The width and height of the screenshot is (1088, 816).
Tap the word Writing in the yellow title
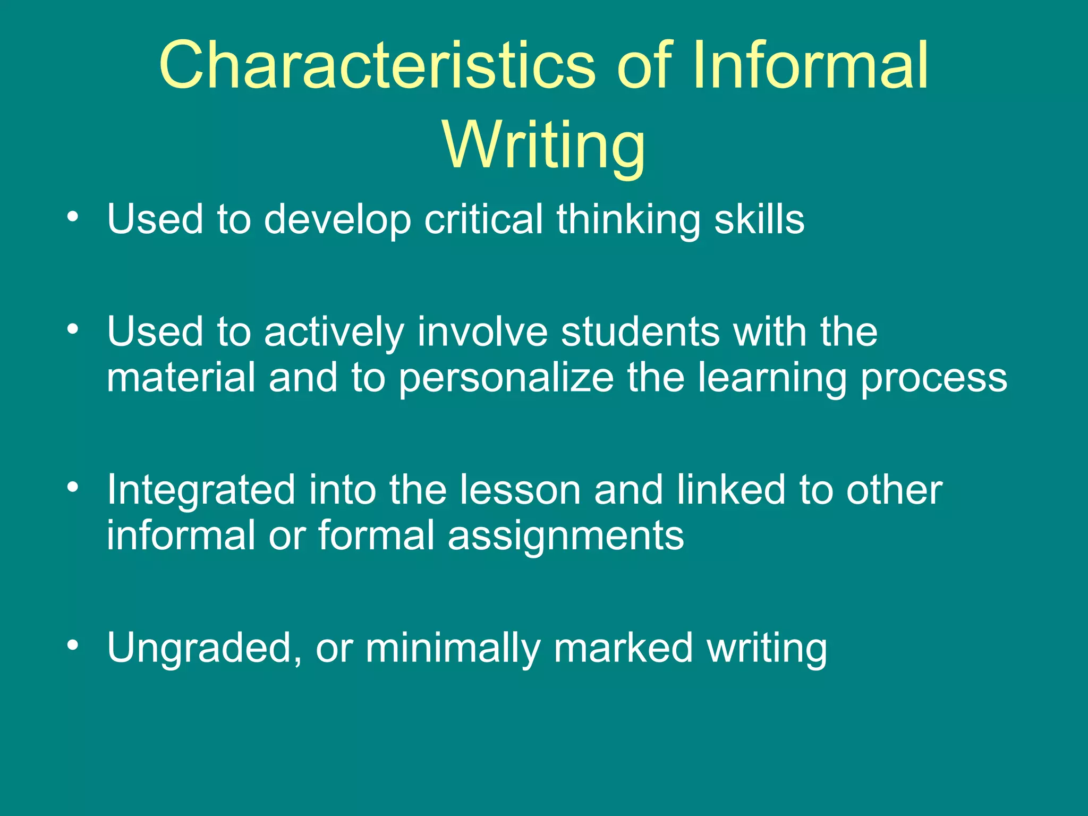click(544, 144)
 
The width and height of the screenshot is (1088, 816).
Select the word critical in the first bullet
click(483, 219)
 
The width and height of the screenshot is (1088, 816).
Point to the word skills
click(759, 219)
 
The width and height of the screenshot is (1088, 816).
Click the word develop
click(338, 220)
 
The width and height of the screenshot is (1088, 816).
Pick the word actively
click(334, 332)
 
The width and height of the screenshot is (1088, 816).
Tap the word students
click(640, 331)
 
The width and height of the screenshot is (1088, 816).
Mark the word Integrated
click(201, 490)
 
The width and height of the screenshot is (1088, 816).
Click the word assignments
click(566, 535)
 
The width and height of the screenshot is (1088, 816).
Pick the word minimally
click(452, 648)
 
